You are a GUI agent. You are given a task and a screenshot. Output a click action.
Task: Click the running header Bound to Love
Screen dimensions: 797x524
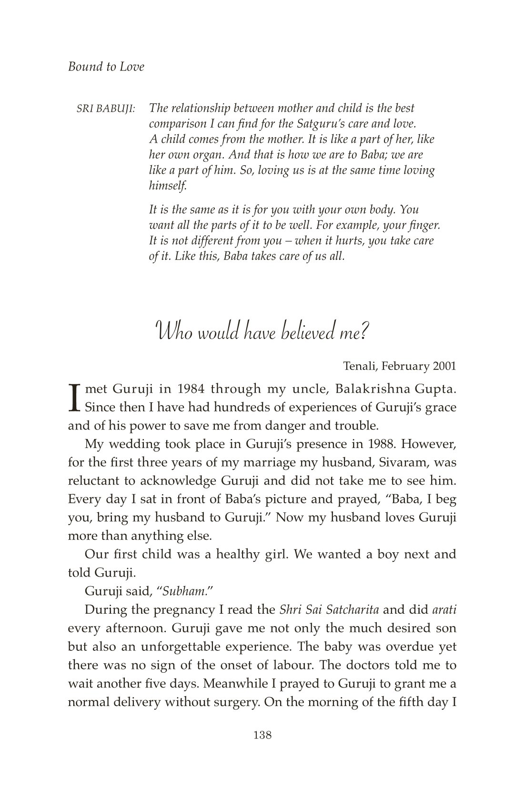(x=106, y=67)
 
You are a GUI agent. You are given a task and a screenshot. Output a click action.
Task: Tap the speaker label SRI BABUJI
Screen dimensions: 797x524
(x=106, y=109)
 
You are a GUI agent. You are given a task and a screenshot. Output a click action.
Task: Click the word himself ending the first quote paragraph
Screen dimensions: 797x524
(x=168, y=186)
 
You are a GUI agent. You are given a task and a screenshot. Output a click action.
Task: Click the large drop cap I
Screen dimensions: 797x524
(x=73, y=398)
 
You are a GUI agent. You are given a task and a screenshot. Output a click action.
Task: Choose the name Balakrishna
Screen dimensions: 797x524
(x=366, y=389)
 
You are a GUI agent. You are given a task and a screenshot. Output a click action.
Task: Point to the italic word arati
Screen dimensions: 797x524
(x=444, y=610)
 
